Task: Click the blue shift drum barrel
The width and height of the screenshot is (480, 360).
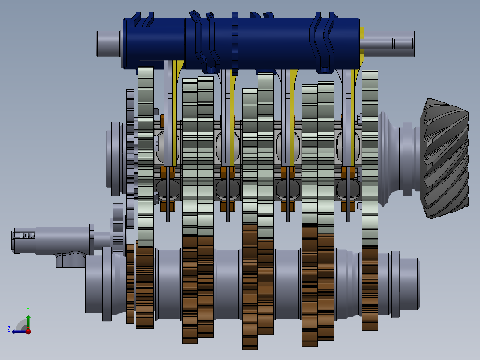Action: click(242, 43)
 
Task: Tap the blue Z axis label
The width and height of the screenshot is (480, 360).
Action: click(9, 329)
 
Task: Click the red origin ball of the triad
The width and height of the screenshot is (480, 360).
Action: click(28, 331)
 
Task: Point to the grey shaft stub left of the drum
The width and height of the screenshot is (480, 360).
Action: click(108, 43)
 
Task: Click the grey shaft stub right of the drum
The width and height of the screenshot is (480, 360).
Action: click(387, 43)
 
